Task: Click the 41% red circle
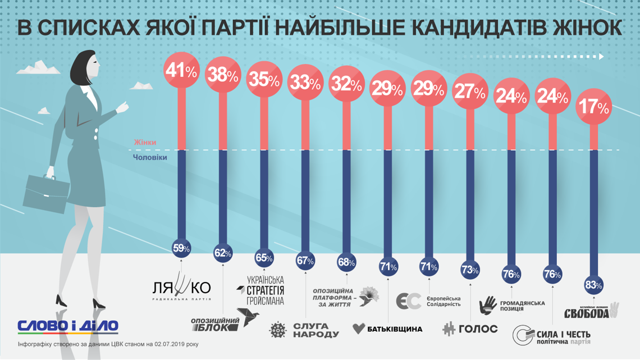(182, 71)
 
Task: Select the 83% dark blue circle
(593, 285)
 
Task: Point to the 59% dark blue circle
(182, 247)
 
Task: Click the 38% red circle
(222, 75)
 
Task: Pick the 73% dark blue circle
(470, 270)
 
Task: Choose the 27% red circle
(470, 92)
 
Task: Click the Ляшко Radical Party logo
(182, 289)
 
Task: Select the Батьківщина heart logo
(359, 329)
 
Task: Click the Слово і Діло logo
(68, 326)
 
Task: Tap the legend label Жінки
(145, 143)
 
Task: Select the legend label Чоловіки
(150, 158)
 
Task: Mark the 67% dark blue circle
(305, 260)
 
